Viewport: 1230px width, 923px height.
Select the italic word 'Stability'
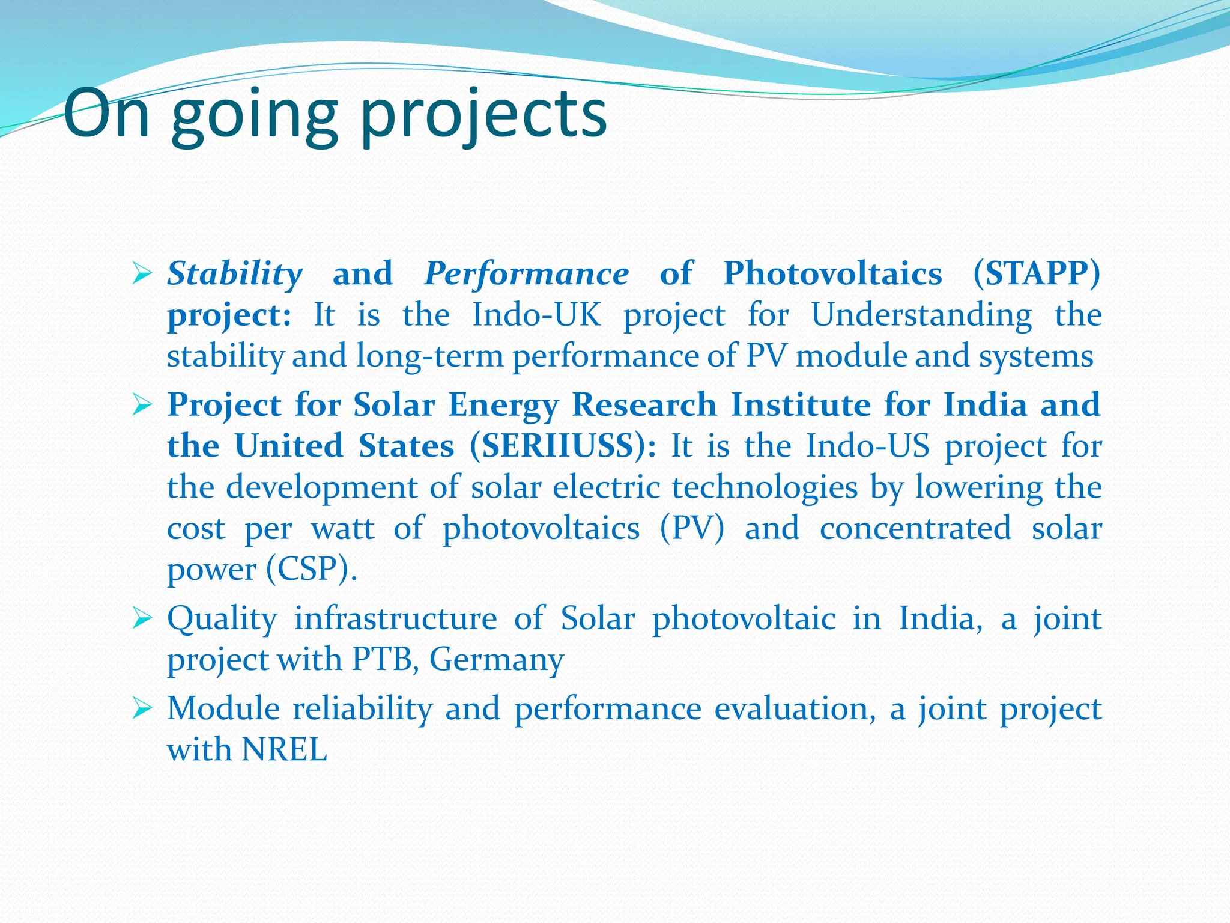click(x=235, y=274)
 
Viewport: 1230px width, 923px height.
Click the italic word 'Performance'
click(x=526, y=274)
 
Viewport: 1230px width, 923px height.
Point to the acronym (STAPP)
click(x=1037, y=274)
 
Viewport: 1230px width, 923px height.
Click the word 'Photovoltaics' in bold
click(x=832, y=274)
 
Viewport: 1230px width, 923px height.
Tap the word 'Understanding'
click(x=921, y=315)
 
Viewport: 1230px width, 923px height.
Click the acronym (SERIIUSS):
click(x=563, y=446)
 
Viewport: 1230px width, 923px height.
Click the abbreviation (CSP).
click(x=311, y=569)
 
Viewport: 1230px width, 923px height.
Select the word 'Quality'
click(x=222, y=619)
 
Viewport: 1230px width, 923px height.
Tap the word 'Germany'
click(x=497, y=660)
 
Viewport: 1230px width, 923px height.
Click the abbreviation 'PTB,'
click(x=385, y=660)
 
